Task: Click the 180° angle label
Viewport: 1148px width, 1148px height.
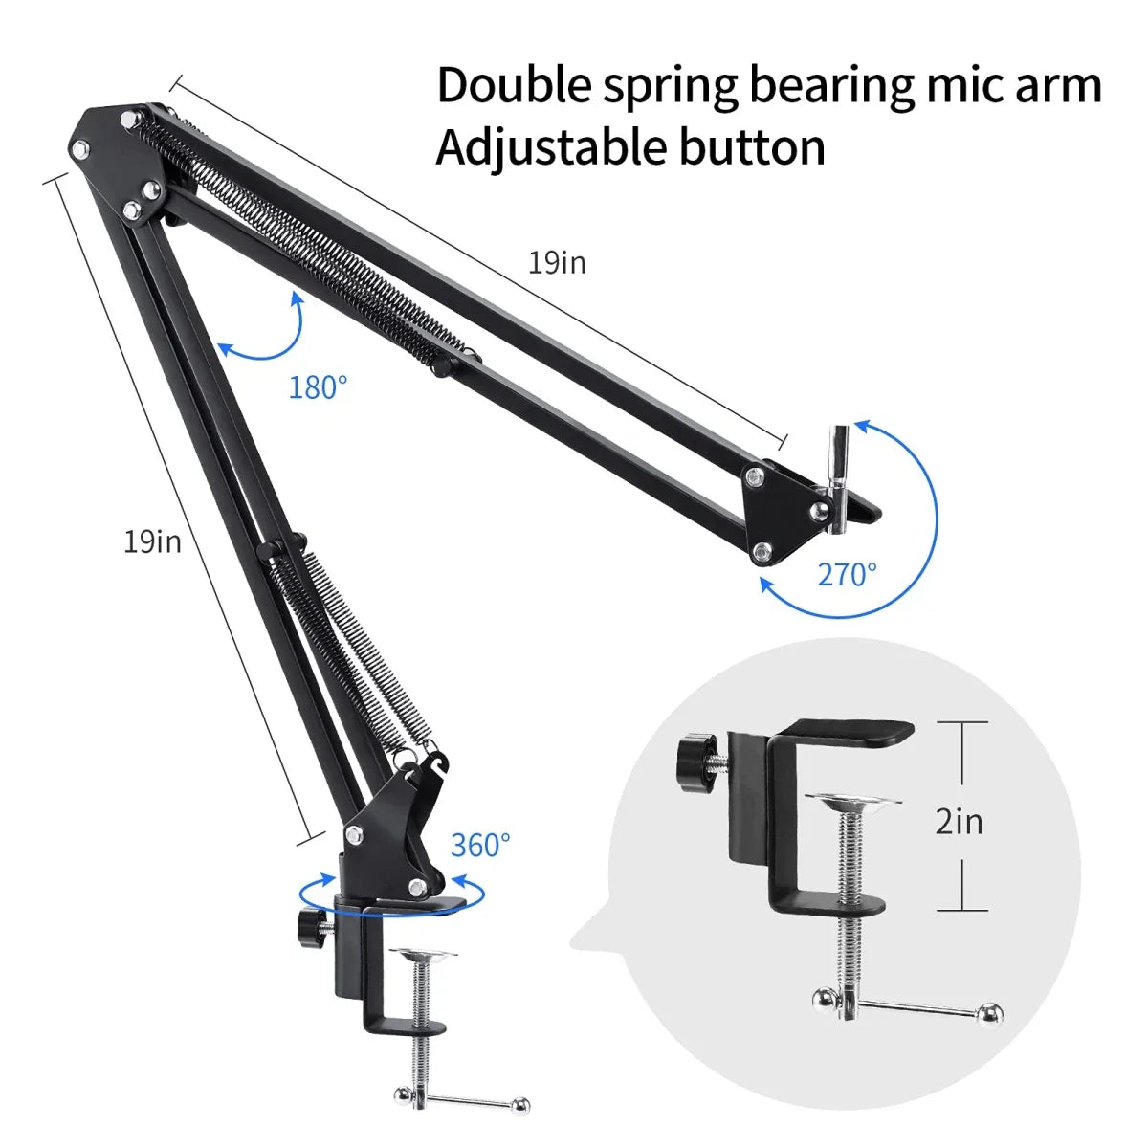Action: pyautogui.click(x=318, y=387)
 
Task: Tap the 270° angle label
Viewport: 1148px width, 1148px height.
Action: pyautogui.click(x=847, y=574)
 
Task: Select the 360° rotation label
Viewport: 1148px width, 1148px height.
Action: pyautogui.click(x=480, y=845)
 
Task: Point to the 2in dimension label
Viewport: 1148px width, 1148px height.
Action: pyautogui.click(x=959, y=821)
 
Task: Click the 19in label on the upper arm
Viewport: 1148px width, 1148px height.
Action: pyautogui.click(x=557, y=262)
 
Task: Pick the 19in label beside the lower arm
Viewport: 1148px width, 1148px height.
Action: pyautogui.click(x=152, y=541)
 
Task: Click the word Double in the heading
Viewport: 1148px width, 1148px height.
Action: pyautogui.click(x=515, y=85)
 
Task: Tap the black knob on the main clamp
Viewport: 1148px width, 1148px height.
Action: pyautogui.click(x=311, y=926)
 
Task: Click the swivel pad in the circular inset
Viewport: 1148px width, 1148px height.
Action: pyautogui.click(x=852, y=800)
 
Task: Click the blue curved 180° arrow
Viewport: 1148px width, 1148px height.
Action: pyautogui.click(x=268, y=335)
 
